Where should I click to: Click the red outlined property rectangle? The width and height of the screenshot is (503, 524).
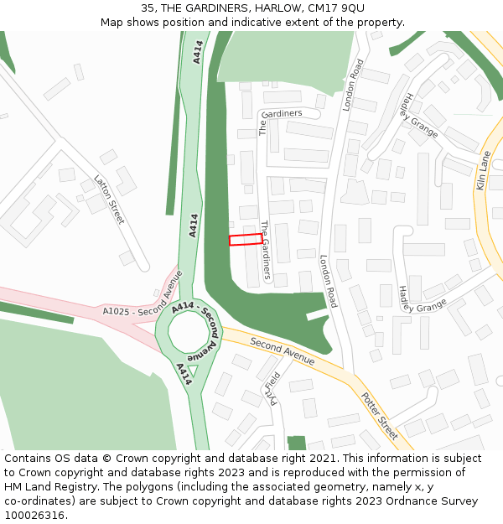point(246,240)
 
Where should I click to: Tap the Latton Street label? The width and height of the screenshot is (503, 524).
point(109,200)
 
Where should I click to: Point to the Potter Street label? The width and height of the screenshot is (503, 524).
point(380,415)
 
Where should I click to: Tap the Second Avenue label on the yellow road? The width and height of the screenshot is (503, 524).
point(282,352)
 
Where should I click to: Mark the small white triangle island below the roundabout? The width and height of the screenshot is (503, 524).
point(193,370)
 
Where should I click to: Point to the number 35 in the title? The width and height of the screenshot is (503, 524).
point(148,8)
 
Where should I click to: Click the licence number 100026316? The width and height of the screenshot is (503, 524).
point(36,516)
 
